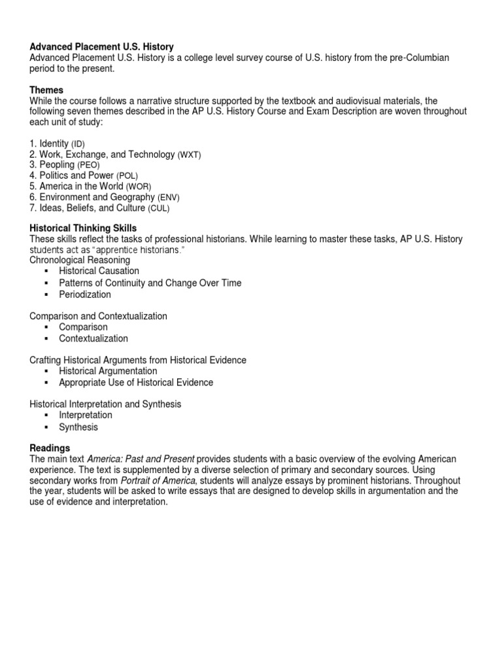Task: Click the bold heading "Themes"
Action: point(46,90)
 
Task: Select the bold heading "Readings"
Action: point(50,448)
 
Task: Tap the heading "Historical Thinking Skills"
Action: point(83,228)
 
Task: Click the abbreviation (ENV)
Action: point(168,198)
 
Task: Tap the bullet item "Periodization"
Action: point(85,294)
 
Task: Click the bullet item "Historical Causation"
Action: point(99,271)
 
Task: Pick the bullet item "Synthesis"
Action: point(78,427)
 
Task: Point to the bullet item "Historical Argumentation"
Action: point(108,371)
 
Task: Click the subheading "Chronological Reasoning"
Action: point(80,260)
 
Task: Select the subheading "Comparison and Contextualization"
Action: point(98,316)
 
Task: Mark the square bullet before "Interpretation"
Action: point(46,415)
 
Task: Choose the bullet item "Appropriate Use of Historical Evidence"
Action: point(136,383)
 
